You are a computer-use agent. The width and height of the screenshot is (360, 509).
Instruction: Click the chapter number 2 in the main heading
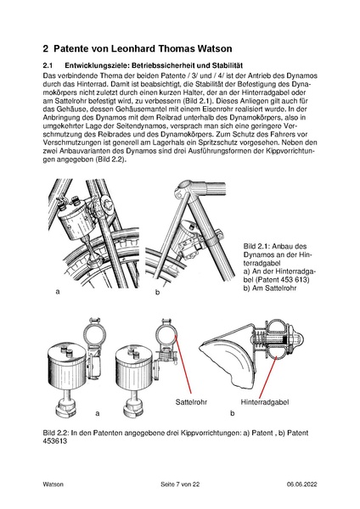pos(47,49)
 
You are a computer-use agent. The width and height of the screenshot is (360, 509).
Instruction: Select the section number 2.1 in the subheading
pos(48,65)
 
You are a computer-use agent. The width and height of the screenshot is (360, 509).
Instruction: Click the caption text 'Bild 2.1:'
pos(257,245)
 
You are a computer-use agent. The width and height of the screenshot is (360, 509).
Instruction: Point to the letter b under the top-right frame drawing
pos(156,292)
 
